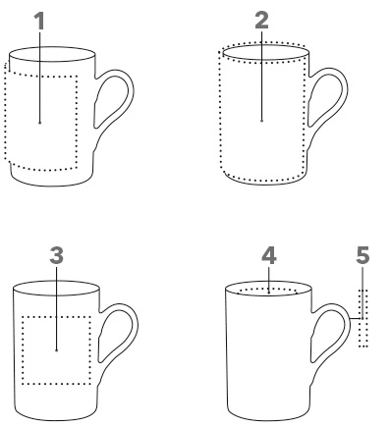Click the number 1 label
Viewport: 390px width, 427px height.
(39, 21)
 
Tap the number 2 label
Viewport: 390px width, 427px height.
(261, 20)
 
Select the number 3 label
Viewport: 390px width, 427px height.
(57, 255)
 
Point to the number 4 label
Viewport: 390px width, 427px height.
(269, 255)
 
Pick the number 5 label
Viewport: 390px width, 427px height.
(362, 255)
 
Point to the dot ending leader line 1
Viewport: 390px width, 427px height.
(40, 123)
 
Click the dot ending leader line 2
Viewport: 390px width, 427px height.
(262, 121)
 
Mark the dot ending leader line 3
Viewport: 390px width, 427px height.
(57, 350)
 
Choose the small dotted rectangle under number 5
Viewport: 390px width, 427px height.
(363, 318)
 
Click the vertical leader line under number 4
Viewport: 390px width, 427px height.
(269, 280)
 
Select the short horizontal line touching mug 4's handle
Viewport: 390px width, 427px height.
(356, 318)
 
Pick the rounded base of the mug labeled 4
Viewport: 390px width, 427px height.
(268, 419)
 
